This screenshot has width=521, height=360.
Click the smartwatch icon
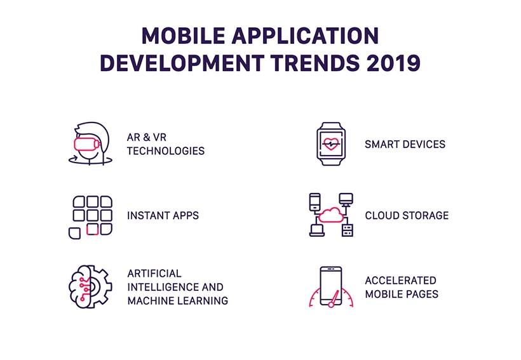tap(332, 144)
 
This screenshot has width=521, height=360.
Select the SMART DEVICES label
tap(405, 144)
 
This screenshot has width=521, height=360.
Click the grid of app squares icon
tap(90, 216)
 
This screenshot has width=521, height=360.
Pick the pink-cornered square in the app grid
tap(92, 229)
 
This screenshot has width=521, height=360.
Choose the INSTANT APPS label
tap(163, 216)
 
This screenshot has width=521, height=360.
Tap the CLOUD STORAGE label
tap(407, 216)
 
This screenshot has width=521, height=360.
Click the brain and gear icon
tap(90, 286)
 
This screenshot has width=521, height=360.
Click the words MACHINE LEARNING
tap(177, 301)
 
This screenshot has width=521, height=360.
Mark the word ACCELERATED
tap(400, 280)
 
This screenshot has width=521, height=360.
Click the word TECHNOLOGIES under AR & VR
tap(165, 151)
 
